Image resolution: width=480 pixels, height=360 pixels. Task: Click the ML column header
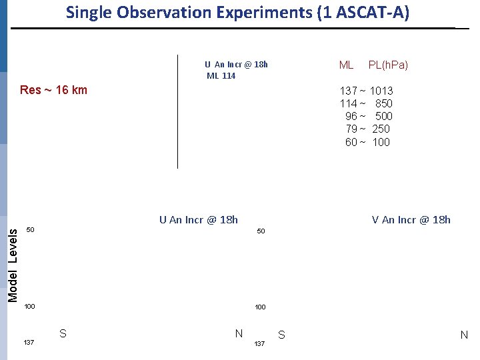[x=346, y=65]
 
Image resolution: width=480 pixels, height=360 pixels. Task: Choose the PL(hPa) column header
[x=388, y=65]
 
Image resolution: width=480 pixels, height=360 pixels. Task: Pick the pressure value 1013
[x=381, y=91]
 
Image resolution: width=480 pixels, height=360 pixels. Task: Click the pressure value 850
[x=383, y=103]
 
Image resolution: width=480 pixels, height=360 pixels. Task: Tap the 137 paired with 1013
[x=348, y=91]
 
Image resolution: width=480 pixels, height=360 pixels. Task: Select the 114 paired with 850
[x=348, y=103]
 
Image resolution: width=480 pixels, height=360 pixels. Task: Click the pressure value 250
[x=381, y=129]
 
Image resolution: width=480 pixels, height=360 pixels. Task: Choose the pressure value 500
[x=383, y=116]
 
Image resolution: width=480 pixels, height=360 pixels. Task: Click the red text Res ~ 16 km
[x=53, y=90]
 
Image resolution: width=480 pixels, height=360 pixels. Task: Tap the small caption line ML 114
[x=221, y=76]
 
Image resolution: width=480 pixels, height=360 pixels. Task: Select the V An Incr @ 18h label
[x=411, y=219]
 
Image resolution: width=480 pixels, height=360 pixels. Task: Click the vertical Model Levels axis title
[x=13, y=262]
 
